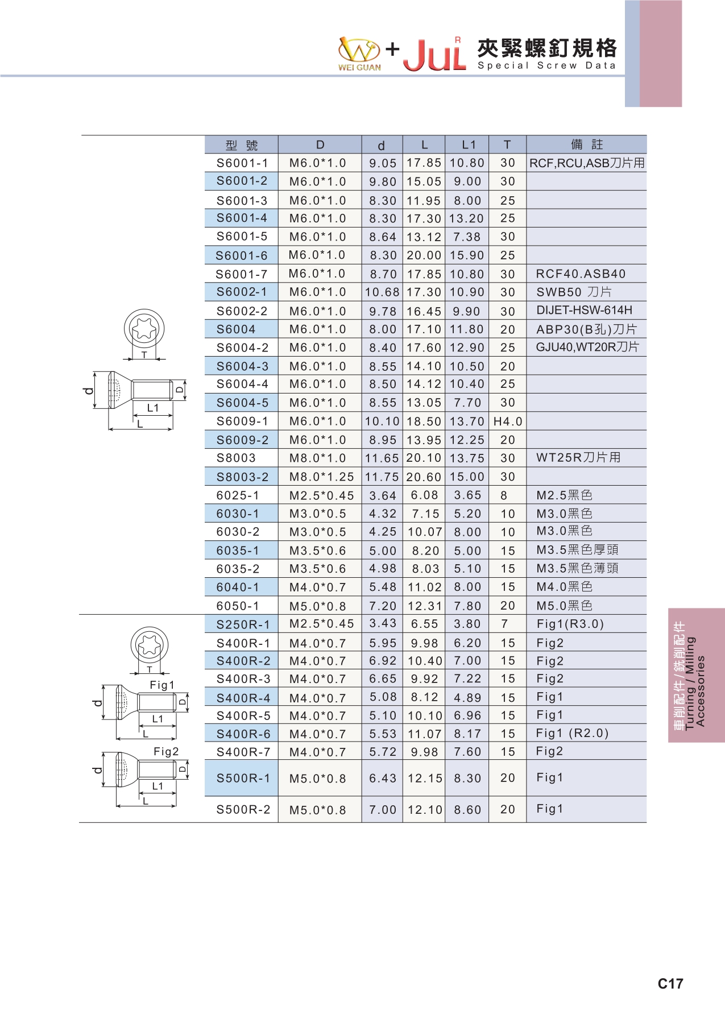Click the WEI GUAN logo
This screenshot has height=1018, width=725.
point(359,54)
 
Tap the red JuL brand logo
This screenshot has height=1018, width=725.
point(435,55)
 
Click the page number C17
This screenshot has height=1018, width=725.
point(670,984)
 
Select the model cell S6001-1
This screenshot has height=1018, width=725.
point(242,163)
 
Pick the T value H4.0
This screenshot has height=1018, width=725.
point(508,421)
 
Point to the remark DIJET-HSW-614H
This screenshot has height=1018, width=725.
point(585,311)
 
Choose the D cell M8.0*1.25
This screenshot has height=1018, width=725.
point(322,477)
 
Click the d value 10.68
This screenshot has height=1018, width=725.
point(383,292)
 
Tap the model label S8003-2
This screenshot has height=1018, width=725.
point(243,477)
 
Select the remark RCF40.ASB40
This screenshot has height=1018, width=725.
point(581,274)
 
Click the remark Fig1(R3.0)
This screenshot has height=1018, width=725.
point(570,624)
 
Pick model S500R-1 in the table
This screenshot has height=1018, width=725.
point(243,778)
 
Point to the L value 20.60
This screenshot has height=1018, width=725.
point(424,477)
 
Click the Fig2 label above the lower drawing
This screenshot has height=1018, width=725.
point(166,752)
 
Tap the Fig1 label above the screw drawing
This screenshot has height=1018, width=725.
point(162,685)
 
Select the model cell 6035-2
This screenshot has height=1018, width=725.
point(238,569)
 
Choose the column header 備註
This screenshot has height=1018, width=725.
point(587,144)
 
